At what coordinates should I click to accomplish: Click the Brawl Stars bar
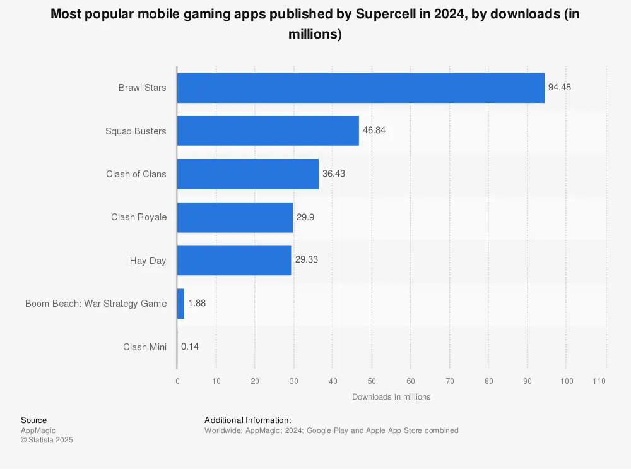(x=360, y=88)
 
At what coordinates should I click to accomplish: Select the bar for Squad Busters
(x=268, y=131)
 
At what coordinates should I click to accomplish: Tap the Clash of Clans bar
(x=247, y=174)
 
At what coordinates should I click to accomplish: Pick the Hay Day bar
(x=233, y=260)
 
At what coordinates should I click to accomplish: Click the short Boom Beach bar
(x=180, y=304)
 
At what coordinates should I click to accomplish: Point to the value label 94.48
(x=559, y=88)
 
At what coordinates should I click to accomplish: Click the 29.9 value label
(x=305, y=217)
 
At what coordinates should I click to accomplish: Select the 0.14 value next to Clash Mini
(x=189, y=347)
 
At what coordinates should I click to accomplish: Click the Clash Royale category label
(x=139, y=217)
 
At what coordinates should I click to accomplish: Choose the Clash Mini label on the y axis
(x=144, y=347)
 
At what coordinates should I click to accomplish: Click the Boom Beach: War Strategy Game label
(x=96, y=304)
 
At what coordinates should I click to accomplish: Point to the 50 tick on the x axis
(x=372, y=381)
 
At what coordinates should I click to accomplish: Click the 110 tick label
(x=599, y=381)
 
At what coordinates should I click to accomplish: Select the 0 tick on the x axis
(x=177, y=381)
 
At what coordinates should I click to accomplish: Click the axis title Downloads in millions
(x=391, y=397)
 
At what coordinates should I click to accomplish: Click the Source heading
(x=33, y=420)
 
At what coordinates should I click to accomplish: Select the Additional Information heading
(x=247, y=420)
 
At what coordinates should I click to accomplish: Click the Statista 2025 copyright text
(x=47, y=441)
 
